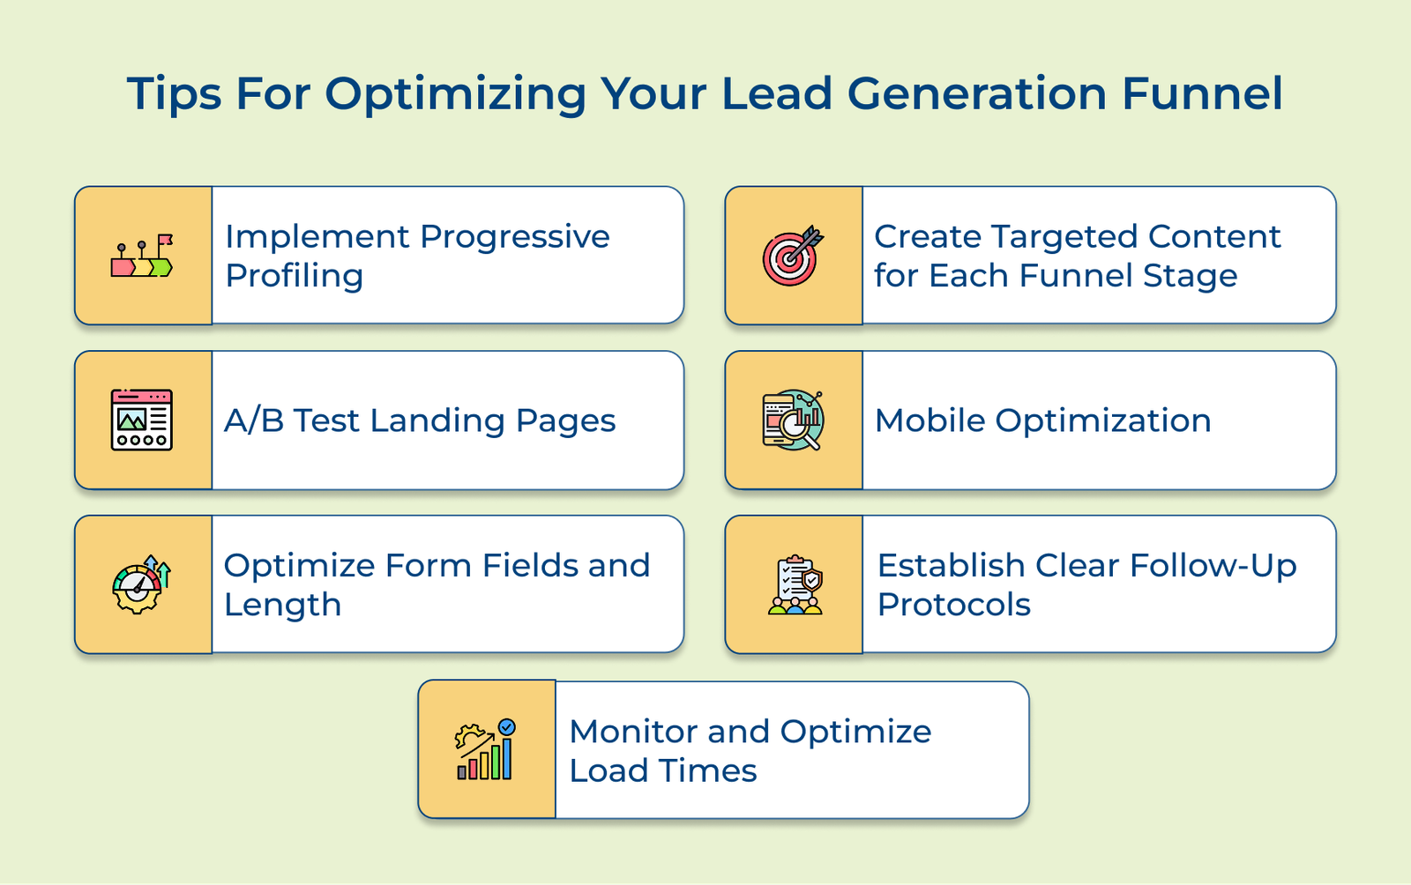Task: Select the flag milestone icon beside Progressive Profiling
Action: [142, 256]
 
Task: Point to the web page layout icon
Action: [142, 420]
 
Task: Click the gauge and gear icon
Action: [141, 584]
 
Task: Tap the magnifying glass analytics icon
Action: [793, 420]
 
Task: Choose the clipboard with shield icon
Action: [795, 584]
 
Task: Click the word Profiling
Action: [294, 276]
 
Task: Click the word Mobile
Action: [929, 420]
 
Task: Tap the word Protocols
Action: [954, 605]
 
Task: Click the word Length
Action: [282, 605]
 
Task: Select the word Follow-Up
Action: [1213, 566]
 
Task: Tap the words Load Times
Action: [663, 771]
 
